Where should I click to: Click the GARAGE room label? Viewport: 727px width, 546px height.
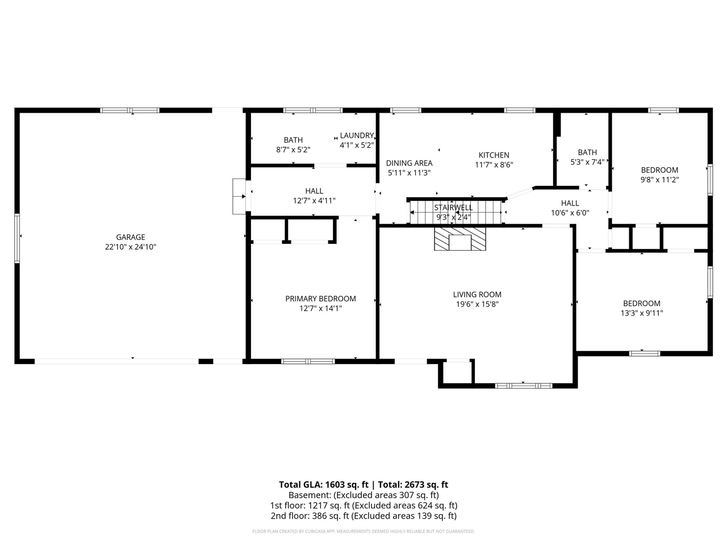[x=131, y=237]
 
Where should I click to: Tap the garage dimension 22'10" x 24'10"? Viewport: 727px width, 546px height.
[x=131, y=247]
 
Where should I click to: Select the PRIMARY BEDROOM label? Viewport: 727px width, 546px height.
[x=320, y=299]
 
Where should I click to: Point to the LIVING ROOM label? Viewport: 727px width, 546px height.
[x=477, y=295]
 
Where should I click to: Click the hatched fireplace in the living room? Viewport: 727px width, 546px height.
[x=460, y=239]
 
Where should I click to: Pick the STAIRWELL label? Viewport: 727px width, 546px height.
[x=453, y=208]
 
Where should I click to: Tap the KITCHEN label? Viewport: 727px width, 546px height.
[x=494, y=155]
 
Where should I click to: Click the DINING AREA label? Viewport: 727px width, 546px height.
[x=409, y=163]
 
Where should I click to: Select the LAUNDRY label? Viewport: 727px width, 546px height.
[x=357, y=135]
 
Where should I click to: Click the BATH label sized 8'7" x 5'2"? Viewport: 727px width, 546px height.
[x=293, y=140]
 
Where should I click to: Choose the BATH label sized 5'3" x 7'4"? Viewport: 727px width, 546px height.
[x=587, y=152]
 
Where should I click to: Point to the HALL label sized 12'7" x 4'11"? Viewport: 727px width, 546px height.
[x=314, y=191]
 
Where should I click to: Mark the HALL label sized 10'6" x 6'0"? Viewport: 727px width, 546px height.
[x=570, y=203]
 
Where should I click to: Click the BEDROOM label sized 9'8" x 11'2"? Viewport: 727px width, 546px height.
[x=659, y=170]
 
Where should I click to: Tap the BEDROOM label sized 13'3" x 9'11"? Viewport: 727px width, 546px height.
[x=641, y=304]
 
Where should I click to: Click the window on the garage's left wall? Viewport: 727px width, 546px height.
[x=17, y=235]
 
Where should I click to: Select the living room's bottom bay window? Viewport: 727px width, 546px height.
[x=523, y=386]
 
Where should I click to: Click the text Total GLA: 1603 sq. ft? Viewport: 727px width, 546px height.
[x=323, y=485]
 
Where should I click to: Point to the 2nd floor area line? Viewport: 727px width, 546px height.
[x=363, y=516]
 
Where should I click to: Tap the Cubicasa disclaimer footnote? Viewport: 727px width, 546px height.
[x=363, y=531]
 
